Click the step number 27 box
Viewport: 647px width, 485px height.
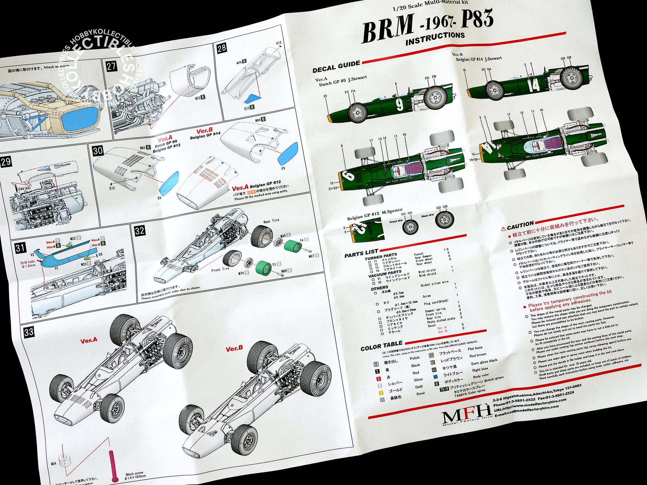click(x=111, y=66)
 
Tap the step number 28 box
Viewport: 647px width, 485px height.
click(x=222, y=48)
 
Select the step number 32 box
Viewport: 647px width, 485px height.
click(x=140, y=231)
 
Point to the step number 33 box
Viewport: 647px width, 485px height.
click(x=29, y=332)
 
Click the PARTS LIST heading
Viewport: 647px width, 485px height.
click(x=361, y=253)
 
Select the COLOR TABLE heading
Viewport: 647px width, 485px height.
click(x=381, y=346)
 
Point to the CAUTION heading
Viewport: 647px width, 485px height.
click(x=520, y=226)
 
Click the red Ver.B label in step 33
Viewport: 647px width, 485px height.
click(x=234, y=348)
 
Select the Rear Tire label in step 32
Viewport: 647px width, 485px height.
click(x=271, y=221)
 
